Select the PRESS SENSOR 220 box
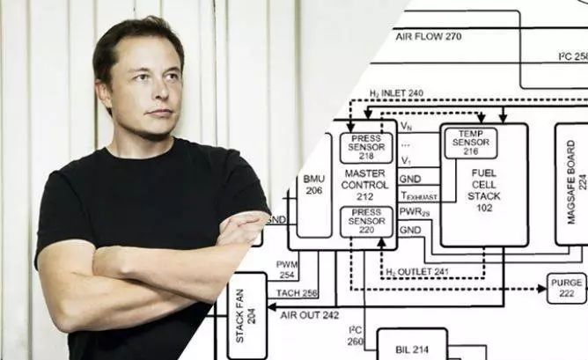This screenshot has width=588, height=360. click(x=366, y=222)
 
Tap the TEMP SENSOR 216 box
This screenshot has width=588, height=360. click(x=471, y=143)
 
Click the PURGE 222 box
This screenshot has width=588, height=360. click(x=566, y=287)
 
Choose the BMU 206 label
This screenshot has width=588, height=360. click(x=314, y=184)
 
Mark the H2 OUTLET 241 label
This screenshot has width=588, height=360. click(x=417, y=272)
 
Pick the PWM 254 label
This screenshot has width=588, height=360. click(x=287, y=269)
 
